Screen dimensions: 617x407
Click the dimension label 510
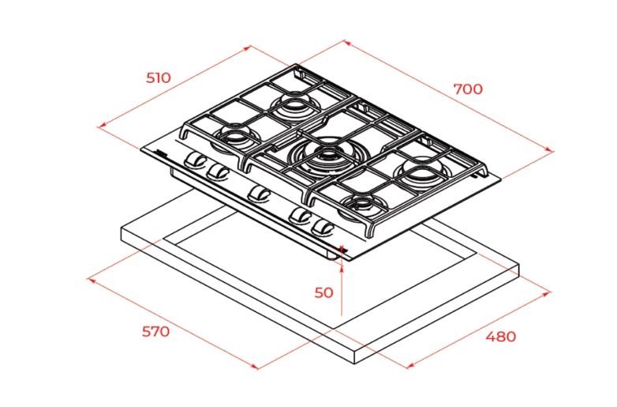(x=159, y=77)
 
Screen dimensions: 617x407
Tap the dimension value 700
(x=468, y=89)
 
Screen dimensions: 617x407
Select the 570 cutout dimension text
(x=155, y=331)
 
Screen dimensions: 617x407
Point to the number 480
(x=500, y=337)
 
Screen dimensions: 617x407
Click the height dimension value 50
(x=323, y=292)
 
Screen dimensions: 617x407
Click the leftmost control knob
(x=195, y=160)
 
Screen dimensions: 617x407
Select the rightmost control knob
(x=323, y=228)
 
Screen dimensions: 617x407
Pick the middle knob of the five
(x=259, y=193)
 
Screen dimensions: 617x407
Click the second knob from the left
(x=218, y=171)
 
